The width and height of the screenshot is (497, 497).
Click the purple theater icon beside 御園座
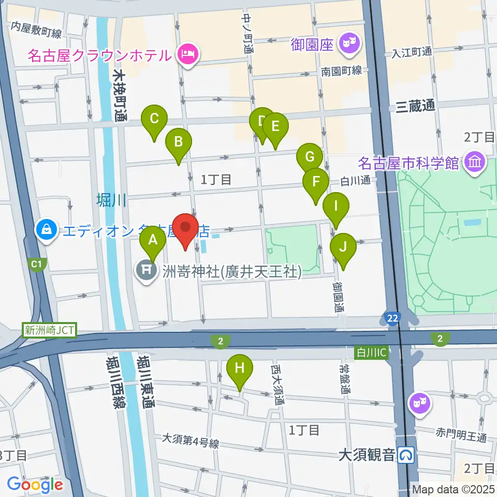348,42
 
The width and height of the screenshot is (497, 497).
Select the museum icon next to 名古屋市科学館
473,163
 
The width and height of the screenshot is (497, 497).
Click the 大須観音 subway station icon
407,455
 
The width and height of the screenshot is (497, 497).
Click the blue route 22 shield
393,317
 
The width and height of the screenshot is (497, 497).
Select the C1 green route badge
36,265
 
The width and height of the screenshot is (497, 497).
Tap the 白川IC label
371,353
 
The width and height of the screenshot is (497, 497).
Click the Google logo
35,485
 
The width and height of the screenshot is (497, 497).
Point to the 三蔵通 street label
415,107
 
